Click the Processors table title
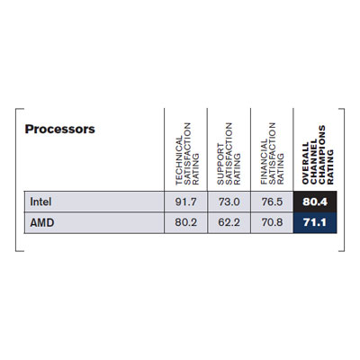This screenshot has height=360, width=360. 60,129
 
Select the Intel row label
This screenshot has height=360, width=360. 40,202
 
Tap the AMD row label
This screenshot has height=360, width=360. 42,222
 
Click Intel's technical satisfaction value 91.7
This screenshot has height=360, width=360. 185,202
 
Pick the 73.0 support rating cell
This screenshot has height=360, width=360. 229,202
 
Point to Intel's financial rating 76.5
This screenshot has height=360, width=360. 272,202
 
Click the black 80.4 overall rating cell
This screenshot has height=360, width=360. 315,202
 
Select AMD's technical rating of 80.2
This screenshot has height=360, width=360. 185,222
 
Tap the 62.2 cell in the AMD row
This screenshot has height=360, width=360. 229,222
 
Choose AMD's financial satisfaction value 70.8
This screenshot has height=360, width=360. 272,222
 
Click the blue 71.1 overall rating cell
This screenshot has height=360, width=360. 315,222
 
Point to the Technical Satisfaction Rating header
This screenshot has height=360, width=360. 187,154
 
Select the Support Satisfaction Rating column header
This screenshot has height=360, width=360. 229,154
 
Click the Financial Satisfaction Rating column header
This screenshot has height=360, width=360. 272,154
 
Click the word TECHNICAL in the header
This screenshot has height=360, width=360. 179,161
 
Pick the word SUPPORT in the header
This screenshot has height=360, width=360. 220,164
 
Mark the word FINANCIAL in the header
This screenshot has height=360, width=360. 264,162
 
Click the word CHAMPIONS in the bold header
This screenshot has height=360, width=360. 322,155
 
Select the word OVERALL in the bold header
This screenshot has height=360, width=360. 305,164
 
